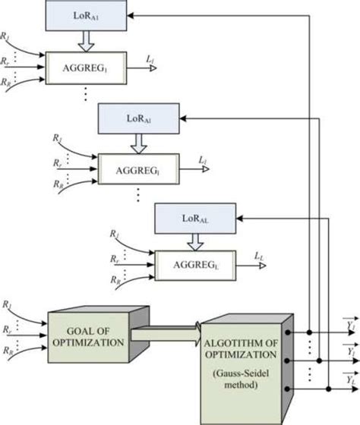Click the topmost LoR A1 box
tap(84, 15)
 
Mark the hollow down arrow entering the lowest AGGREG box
tap(196, 242)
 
